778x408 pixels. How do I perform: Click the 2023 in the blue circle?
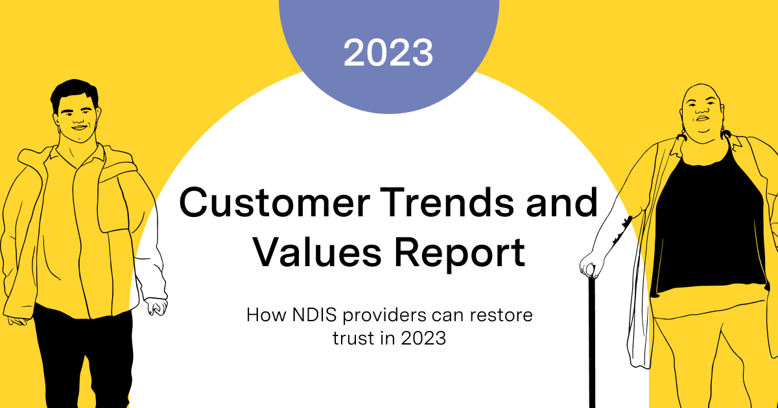tap(388, 53)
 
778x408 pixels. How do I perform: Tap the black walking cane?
tap(591, 343)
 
